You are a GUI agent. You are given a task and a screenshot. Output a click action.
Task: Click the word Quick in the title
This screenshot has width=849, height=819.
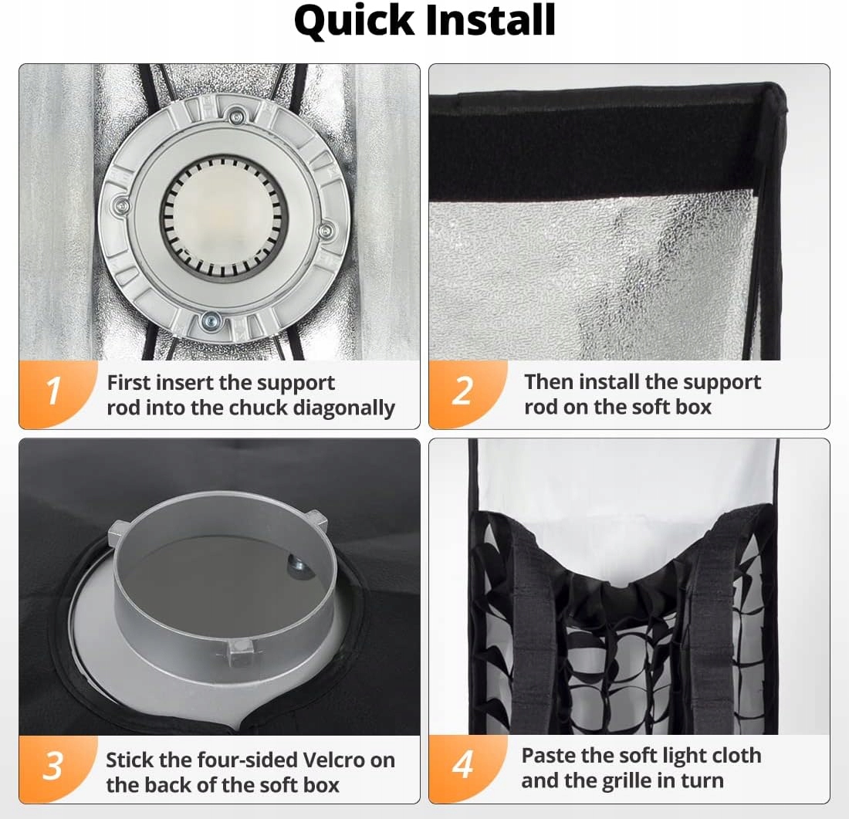[354, 21]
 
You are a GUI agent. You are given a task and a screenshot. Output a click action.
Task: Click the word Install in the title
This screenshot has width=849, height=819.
[491, 20]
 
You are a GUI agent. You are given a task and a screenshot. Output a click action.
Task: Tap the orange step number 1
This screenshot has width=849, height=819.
[53, 391]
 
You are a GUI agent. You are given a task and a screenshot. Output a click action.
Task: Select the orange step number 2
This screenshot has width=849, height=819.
[462, 391]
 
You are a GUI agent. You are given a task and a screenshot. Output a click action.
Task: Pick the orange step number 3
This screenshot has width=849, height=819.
[53, 766]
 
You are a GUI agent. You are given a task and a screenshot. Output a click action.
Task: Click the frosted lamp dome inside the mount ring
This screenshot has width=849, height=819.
[224, 217]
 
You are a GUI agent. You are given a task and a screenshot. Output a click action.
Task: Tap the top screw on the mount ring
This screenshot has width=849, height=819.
[235, 116]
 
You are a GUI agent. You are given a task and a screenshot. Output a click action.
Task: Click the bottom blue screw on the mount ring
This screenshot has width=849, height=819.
[210, 322]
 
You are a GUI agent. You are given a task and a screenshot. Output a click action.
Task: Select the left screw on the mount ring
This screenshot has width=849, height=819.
[123, 206]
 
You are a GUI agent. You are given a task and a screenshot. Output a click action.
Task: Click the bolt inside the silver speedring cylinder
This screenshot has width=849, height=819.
[296, 567]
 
